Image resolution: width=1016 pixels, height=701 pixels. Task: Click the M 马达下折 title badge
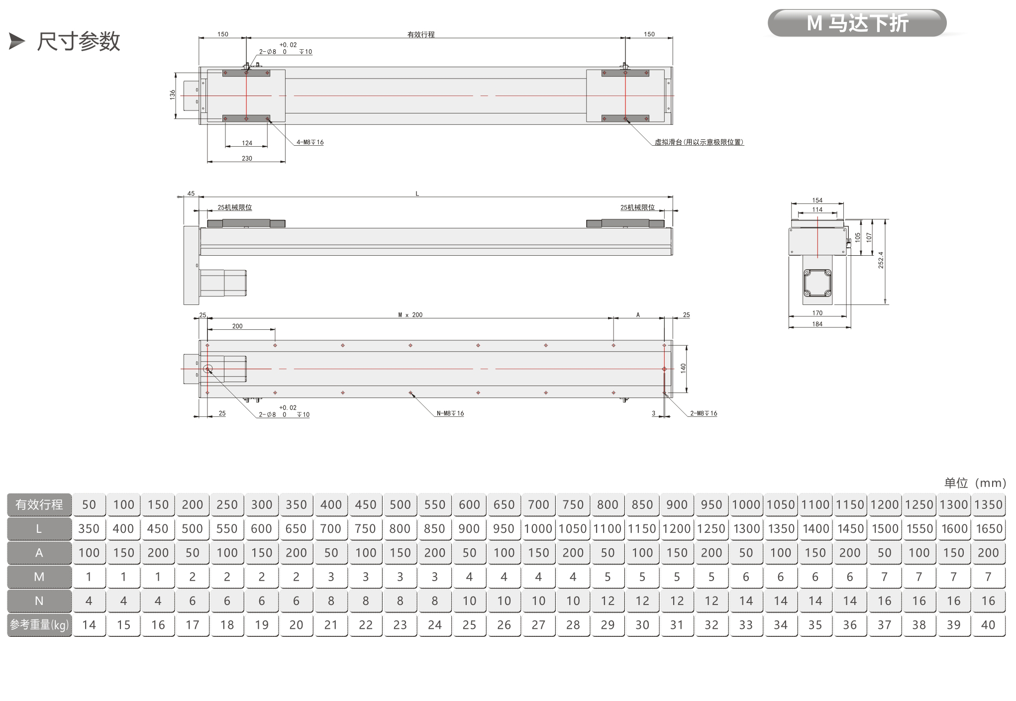(857, 23)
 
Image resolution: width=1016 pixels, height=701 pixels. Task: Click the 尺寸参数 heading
(79, 41)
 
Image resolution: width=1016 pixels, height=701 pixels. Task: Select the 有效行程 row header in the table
(39, 504)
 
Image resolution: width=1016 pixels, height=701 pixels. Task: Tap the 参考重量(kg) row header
(39, 625)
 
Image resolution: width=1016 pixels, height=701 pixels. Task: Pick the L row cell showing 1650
(988, 528)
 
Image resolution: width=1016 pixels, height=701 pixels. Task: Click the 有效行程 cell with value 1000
(746, 504)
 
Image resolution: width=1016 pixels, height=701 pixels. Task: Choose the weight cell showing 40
(988, 625)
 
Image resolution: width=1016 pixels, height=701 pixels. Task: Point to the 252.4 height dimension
(881, 260)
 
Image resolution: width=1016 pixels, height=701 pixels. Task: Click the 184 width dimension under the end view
(817, 324)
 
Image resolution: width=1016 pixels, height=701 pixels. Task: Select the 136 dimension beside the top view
(172, 94)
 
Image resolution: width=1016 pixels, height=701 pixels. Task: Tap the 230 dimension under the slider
(247, 158)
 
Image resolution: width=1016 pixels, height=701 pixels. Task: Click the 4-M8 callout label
(310, 142)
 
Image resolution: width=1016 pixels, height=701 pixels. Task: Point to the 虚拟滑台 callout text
(699, 142)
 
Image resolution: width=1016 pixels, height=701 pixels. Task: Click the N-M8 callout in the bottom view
(450, 413)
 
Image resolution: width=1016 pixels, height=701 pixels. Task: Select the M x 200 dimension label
(410, 315)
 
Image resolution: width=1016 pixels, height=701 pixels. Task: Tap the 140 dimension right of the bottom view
(683, 368)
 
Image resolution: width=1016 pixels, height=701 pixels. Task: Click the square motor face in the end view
(817, 283)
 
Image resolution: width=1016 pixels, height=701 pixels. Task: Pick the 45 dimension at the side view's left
(191, 194)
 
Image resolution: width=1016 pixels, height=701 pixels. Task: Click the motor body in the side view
(223, 283)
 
